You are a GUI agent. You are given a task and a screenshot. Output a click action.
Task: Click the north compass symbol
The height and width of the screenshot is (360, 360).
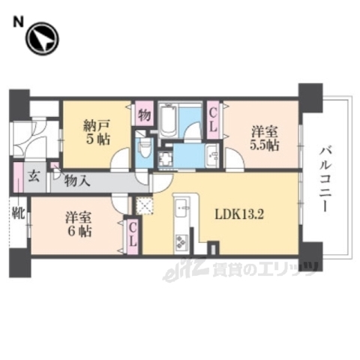(x=42, y=39)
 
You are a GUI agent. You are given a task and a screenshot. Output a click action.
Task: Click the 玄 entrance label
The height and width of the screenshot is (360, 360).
(x=34, y=178)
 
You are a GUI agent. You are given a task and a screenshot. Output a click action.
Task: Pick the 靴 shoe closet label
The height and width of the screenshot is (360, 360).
(x=17, y=213)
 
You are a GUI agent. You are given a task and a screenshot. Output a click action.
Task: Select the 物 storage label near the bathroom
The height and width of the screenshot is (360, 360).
(x=143, y=115)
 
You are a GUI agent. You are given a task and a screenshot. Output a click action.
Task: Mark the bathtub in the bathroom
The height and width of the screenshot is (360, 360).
(x=167, y=118)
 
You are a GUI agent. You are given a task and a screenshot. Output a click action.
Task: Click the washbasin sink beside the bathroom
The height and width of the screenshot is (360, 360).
(x=211, y=155)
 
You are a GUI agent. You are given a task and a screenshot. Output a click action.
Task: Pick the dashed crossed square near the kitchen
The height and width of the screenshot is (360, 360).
(x=143, y=205)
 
